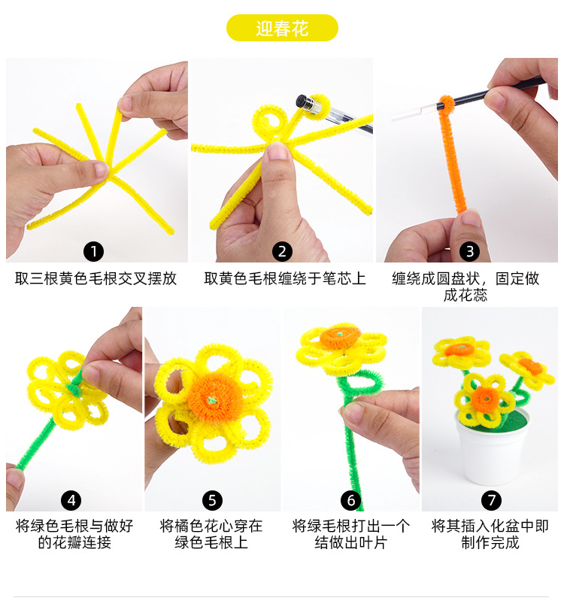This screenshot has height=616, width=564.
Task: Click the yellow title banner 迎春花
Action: point(282,29)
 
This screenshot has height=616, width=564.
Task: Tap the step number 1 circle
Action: point(94,251)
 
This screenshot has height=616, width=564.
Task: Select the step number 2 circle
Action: point(282,251)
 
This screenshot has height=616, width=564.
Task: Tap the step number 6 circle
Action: point(350,499)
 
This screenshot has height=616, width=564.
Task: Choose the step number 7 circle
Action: point(491,499)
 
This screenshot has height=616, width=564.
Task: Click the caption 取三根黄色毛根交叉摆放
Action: point(96,278)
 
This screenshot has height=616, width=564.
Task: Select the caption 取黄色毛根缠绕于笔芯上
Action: point(285,278)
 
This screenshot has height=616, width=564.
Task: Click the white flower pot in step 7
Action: point(491,451)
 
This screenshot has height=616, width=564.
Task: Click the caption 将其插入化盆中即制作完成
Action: point(490,534)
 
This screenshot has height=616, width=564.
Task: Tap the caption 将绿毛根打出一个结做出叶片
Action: point(350,534)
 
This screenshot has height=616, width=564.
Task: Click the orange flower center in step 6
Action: point(341,336)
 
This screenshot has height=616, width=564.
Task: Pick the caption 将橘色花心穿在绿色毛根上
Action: point(211,534)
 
